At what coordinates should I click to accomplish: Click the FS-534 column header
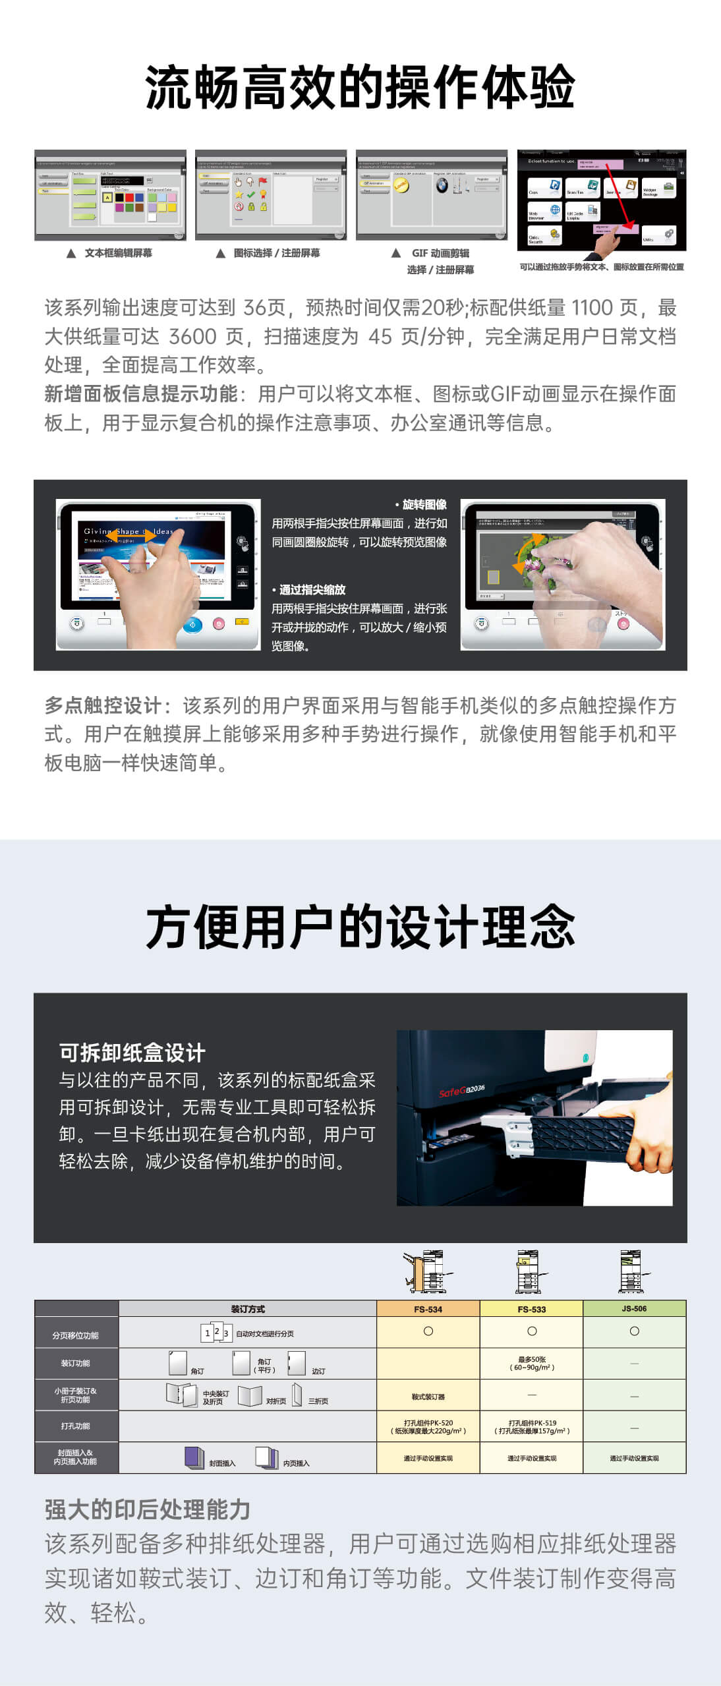(428, 1309)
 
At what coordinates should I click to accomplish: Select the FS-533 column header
(531, 1309)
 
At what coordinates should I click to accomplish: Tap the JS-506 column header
(634, 1308)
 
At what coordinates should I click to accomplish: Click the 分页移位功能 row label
(76, 1335)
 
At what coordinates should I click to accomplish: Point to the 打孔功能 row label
(76, 1426)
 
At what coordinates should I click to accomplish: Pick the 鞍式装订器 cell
(428, 1397)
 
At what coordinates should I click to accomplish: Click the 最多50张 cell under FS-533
(531, 1363)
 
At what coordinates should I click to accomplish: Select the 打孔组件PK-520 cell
(428, 1426)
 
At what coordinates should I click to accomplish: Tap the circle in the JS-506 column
(634, 1331)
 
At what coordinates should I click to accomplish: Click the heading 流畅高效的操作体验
(360, 87)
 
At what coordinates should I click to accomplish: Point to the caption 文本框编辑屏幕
(118, 253)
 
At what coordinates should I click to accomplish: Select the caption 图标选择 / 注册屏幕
(277, 253)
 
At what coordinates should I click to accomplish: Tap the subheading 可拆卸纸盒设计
(132, 1053)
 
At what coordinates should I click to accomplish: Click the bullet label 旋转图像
(424, 505)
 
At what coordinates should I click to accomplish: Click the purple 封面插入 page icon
(194, 1457)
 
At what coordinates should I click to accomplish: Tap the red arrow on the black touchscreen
(620, 194)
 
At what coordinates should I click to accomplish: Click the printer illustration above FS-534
(428, 1271)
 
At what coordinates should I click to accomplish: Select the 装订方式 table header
(248, 1309)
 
